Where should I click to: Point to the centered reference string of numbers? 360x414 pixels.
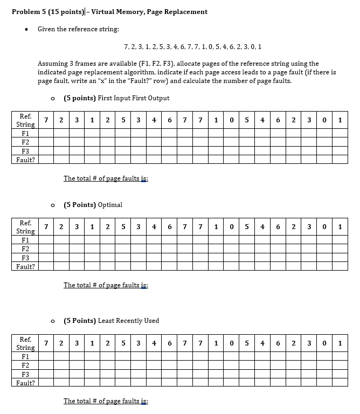[x=192, y=47]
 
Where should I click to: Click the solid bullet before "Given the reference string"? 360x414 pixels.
[x=25, y=29]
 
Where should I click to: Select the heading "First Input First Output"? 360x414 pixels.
[x=134, y=98]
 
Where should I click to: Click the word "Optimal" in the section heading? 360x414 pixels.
[x=111, y=205]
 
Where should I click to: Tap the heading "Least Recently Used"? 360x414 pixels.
[x=128, y=321]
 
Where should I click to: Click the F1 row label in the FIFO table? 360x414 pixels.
[x=25, y=133]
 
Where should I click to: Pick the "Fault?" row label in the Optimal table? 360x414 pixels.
[x=25, y=266]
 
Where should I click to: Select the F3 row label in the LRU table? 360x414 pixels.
[x=25, y=374]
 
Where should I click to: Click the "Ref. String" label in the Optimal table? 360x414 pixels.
[x=25, y=227]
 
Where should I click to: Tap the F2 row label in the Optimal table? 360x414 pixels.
[x=25, y=249]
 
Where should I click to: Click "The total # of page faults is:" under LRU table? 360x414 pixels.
[x=106, y=401]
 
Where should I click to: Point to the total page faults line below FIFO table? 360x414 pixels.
[x=106, y=178]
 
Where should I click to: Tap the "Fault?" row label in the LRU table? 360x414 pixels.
[x=25, y=383]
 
